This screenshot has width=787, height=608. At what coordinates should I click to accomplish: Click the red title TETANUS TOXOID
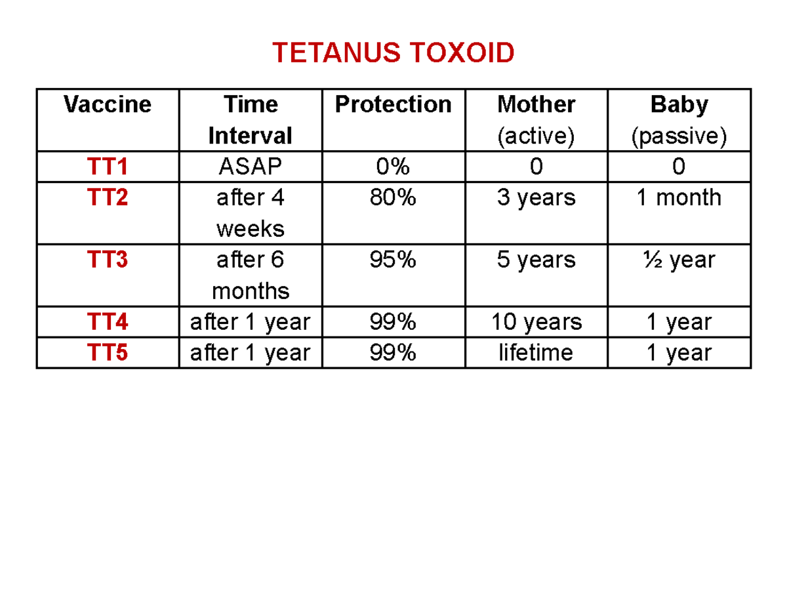click(x=393, y=53)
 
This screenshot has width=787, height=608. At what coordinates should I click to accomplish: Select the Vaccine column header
click(x=108, y=104)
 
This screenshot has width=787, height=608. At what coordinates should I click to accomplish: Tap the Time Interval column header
click(x=250, y=120)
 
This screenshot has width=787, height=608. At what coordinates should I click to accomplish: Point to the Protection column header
click(x=393, y=104)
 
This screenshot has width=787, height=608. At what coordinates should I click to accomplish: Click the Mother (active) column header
click(x=536, y=120)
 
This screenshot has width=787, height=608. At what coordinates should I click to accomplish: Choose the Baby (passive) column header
click(x=679, y=120)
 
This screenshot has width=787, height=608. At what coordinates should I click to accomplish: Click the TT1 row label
click(x=108, y=167)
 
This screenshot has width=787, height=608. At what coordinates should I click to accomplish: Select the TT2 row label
click(x=108, y=197)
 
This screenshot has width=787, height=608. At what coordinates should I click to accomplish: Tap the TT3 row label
click(x=108, y=260)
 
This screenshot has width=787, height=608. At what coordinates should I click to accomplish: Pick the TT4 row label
click(x=108, y=322)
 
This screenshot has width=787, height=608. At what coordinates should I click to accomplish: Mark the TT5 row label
click(x=108, y=353)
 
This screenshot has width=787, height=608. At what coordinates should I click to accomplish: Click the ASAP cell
click(x=250, y=167)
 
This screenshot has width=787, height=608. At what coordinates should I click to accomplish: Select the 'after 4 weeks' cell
click(x=250, y=213)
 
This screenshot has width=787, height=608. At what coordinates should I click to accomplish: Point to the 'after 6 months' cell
click(x=250, y=275)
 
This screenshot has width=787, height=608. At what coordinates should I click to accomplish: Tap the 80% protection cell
click(x=393, y=197)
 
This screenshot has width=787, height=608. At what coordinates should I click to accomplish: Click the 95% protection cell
click(x=393, y=260)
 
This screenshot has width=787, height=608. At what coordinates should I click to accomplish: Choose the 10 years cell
click(x=536, y=322)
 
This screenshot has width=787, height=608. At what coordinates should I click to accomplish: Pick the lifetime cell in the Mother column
click(x=536, y=353)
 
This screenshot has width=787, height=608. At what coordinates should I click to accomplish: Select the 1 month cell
click(x=679, y=197)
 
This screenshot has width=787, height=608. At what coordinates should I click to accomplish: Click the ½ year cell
click(x=679, y=260)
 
